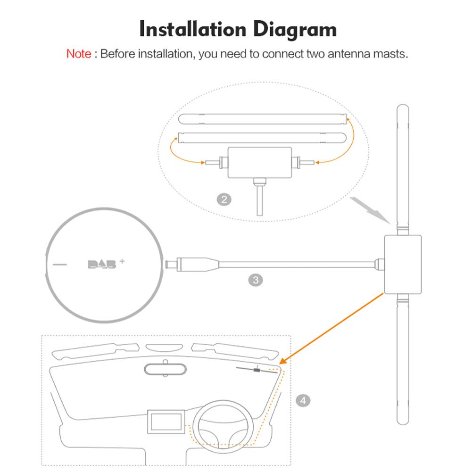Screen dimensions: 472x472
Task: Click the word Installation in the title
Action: click(193, 30)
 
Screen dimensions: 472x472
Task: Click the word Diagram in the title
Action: click(295, 30)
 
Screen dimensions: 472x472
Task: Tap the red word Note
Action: click(79, 54)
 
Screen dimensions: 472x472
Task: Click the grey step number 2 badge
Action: click(224, 199)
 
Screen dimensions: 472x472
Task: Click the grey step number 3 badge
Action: click(256, 280)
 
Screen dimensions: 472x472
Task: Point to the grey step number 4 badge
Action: click(303, 401)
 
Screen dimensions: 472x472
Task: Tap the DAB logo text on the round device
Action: click(102, 265)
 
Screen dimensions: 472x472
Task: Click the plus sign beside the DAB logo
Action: click(122, 261)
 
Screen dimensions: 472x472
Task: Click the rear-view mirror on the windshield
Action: click(165, 369)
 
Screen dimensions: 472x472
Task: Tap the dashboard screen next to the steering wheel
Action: click(166, 422)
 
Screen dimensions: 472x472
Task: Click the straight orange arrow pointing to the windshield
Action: click(331, 328)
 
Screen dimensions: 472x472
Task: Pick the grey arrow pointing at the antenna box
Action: click(370, 210)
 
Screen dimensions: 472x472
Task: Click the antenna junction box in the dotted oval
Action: click(259, 163)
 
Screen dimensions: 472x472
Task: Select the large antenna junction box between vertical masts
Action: click(403, 265)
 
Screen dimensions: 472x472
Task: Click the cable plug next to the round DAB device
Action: click(193, 265)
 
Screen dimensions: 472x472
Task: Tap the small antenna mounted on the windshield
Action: click(257, 370)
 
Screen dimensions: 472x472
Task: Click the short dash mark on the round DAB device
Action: click(59, 265)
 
